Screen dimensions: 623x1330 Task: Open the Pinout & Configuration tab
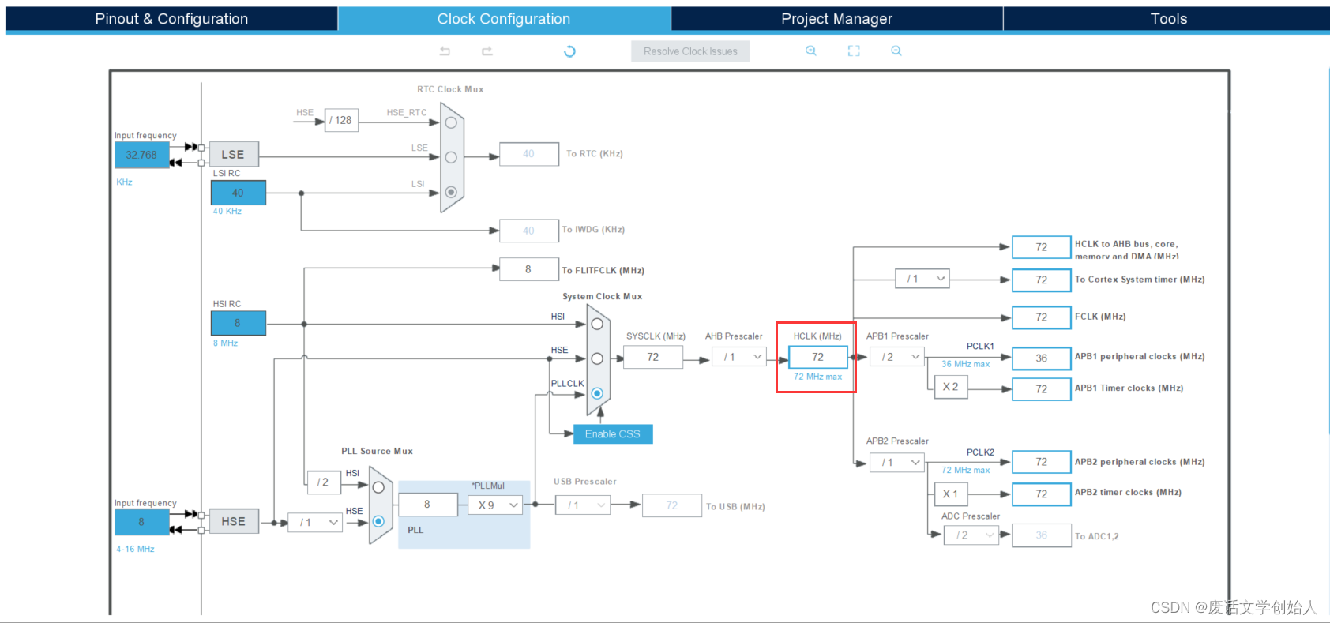coord(171,19)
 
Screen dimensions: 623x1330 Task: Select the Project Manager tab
coord(836,19)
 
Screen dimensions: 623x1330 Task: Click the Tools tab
coord(1168,19)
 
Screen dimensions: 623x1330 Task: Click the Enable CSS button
coord(613,434)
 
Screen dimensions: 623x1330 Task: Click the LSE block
coord(233,155)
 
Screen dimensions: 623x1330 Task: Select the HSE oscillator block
coord(233,522)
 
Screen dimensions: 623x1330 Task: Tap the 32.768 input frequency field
coord(141,155)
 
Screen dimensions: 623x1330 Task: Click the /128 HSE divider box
coord(341,120)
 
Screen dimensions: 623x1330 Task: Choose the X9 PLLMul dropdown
coord(495,505)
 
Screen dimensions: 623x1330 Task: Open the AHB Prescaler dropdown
coord(739,358)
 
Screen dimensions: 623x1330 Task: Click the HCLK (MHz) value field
coord(817,358)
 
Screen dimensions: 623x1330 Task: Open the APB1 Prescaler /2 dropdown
coord(897,358)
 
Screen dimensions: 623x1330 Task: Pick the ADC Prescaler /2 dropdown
coord(971,535)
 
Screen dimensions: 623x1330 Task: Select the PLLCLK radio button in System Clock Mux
coord(597,393)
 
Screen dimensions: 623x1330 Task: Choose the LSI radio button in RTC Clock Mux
coord(451,192)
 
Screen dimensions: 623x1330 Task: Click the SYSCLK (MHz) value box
coord(652,358)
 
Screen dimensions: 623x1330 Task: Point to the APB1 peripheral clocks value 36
coord(1041,358)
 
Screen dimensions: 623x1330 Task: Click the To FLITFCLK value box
coord(528,269)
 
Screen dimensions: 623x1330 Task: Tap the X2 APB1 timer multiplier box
coord(950,387)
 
